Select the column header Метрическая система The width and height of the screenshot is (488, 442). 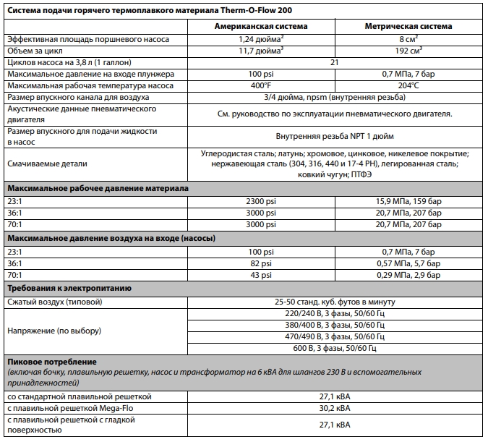[x=402, y=25]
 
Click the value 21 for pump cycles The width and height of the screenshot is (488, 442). [x=333, y=63]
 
